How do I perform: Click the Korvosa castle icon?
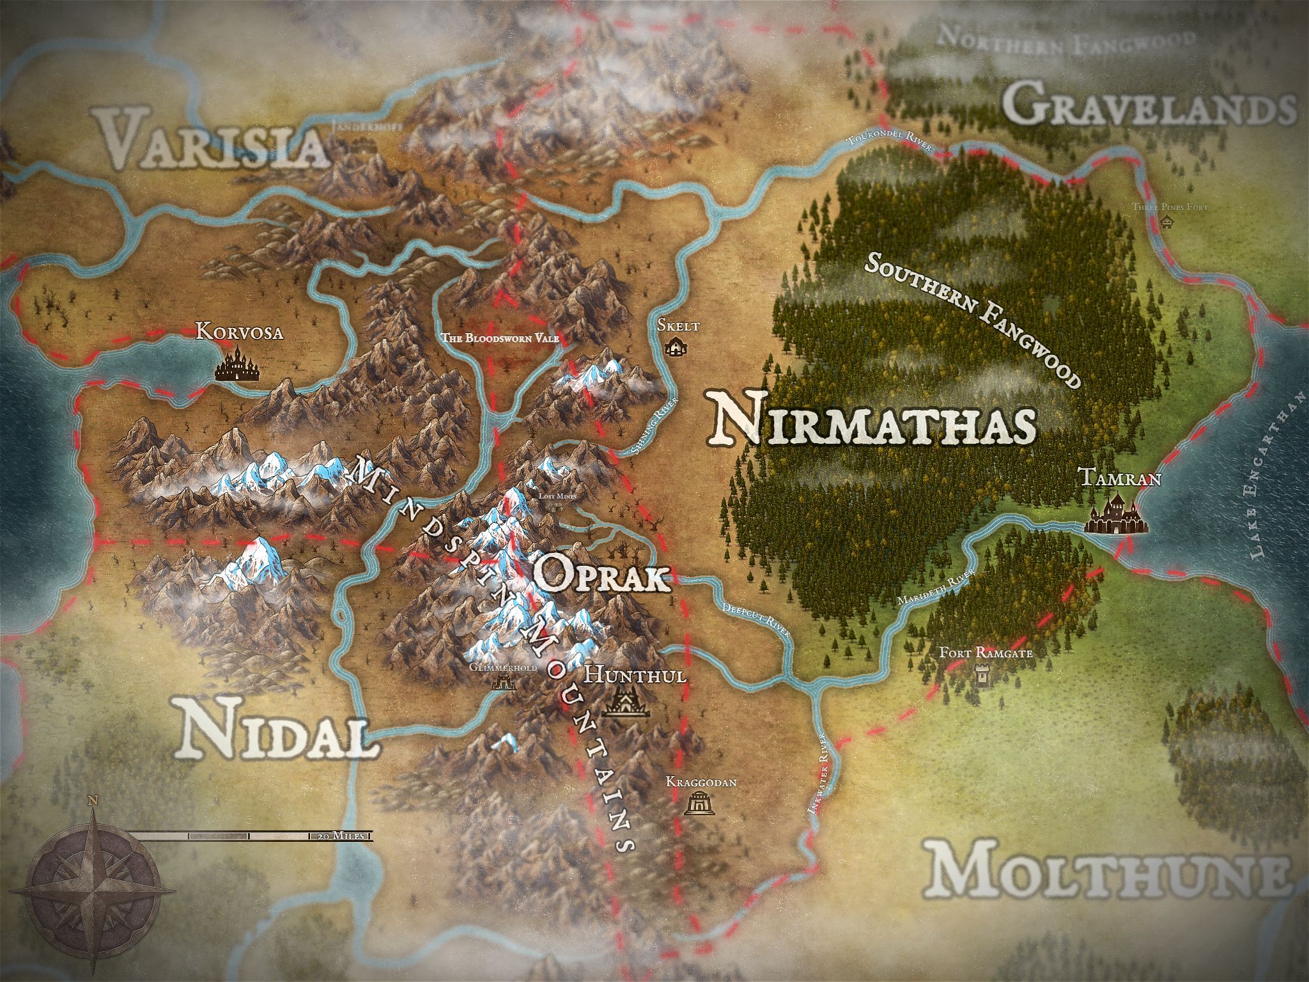tap(236, 365)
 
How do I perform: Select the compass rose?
tap(94, 891)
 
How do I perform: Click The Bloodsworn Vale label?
tap(502, 338)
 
